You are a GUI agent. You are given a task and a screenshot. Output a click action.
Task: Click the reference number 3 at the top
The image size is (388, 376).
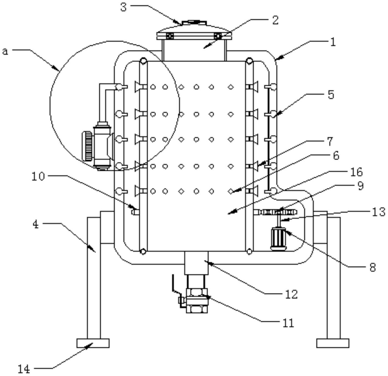click(124, 7)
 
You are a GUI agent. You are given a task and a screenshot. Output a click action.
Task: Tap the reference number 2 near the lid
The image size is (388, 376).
click(275, 20)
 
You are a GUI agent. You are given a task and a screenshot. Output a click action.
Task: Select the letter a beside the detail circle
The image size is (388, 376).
click(5, 51)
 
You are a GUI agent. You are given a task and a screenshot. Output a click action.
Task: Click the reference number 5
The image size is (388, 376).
click(331, 95)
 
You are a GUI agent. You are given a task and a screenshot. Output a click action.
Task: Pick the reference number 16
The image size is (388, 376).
click(357, 172)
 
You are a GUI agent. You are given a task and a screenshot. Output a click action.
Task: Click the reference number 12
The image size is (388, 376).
click(292, 294)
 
